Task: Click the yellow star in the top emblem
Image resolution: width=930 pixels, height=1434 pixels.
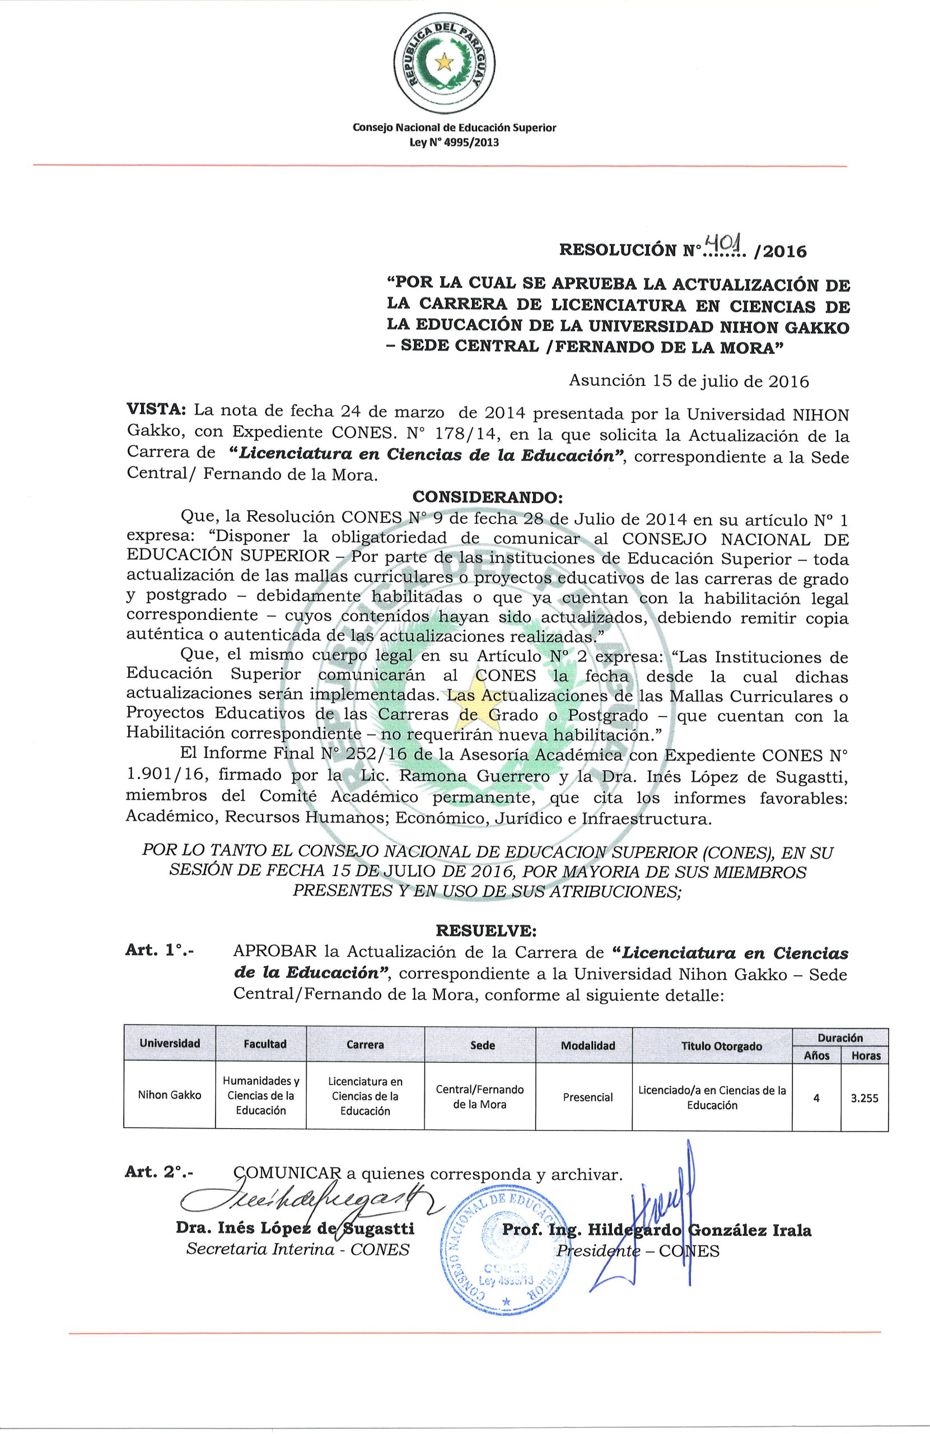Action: (445, 60)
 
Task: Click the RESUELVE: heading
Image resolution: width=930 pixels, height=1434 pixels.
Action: (485, 931)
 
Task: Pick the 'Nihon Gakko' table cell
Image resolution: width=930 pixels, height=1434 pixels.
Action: (169, 1095)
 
